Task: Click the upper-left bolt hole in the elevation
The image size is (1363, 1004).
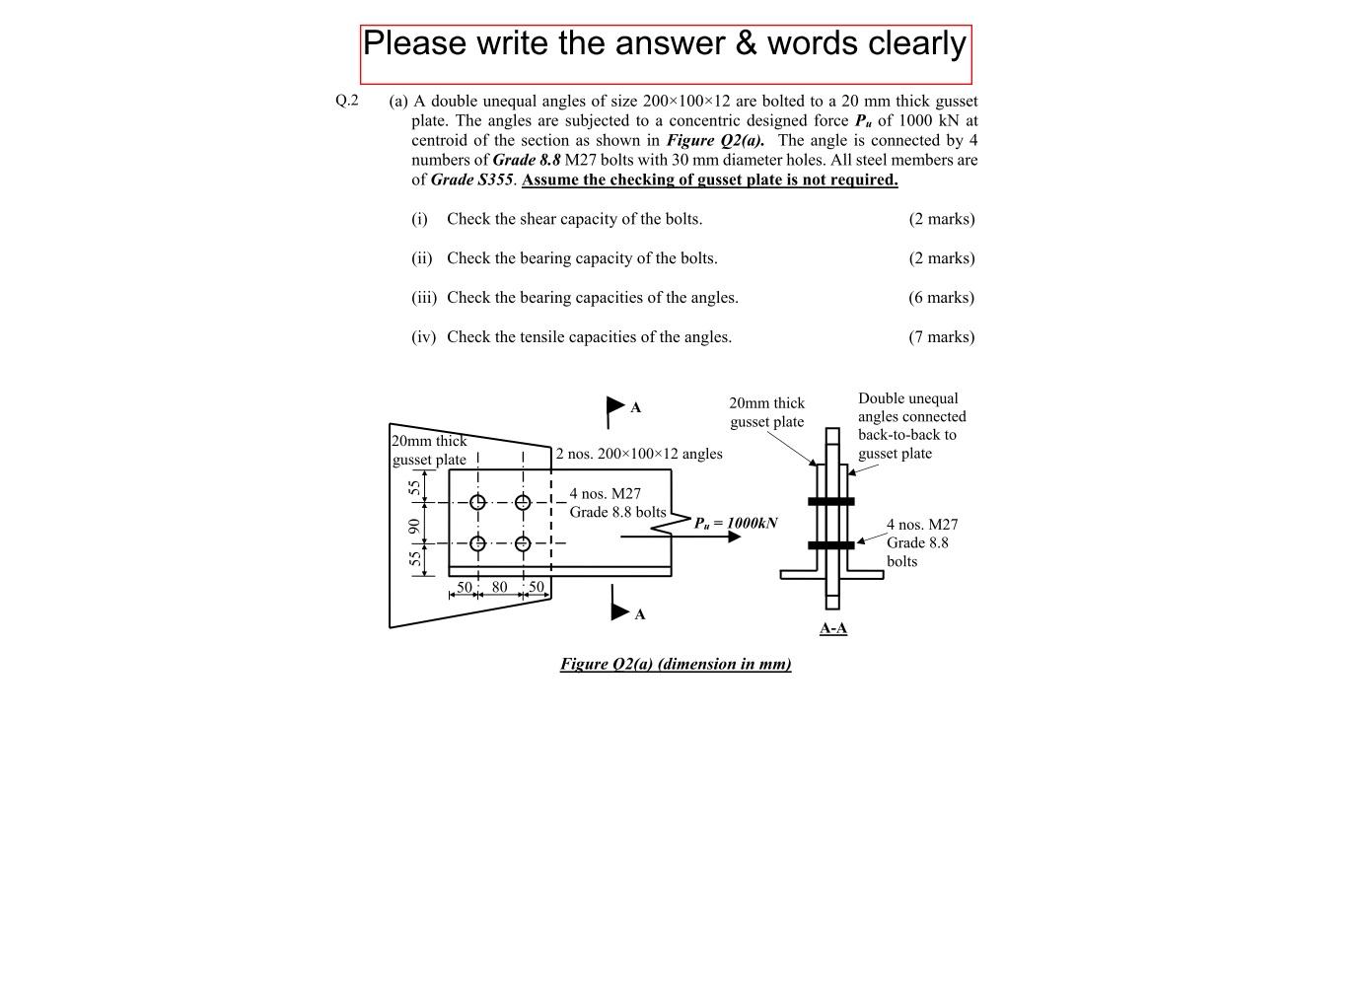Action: click(x=477, y=502)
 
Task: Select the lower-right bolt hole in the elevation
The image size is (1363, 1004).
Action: click(x=523, y=543)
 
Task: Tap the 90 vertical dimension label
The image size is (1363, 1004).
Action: click(x=415, y=526)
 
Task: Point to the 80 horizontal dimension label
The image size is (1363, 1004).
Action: click(x=500, y=587)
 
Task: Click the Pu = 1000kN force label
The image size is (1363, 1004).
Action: click(x=736, y=523)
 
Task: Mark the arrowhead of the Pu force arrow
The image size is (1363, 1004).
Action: click(x=734, y=537)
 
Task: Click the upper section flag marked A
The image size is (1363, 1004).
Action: click(x=616, y=405)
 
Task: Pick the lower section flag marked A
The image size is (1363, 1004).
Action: click(x=620, y=611)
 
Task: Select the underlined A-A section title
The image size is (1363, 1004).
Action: click(x=833, y=628)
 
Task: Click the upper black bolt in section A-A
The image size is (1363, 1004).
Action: click(x=831, y=501)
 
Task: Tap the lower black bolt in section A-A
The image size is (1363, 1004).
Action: click(x=831, y=545)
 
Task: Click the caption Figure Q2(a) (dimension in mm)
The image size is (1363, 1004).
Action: click(x=676, y=664)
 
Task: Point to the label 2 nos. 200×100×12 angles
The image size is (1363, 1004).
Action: click(x=639, y=454)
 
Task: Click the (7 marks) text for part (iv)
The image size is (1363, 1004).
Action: click(x=942, y=336)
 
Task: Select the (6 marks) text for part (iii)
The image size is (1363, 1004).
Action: click(x=942, y=297)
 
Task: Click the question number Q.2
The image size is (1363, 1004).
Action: click(x=347, y=100)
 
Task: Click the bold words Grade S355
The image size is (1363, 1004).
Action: click(x=471, y=179)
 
